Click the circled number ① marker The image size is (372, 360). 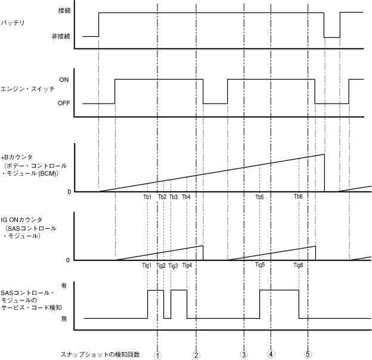pyautogui.click(x=157, y=354)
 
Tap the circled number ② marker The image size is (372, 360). pyautogui.click(x=196, y=354)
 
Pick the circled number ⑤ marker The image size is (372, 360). pyautogui.click(x=308, y=354)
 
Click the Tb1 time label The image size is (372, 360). pyautogui.click(x=147, y=197)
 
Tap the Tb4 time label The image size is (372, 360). pyautogui.click(x=186, y=197)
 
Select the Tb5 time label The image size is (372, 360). pyautogui.click(x=259, y=197)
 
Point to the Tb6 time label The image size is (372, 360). pyautogui.click(x=298, y=197)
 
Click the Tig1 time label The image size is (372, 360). pyautogui.click(x=147, y=265)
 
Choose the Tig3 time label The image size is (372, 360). pyautogui.click(x=173, y=265)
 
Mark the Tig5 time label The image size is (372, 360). pyautogui.click(x=260, y=265)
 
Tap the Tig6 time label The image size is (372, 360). pyautogui.click(x=298, y=265)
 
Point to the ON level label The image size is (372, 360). pyautogui.click(x=64, y=79)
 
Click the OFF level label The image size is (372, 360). pyautogui.click(x=65, y=103)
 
